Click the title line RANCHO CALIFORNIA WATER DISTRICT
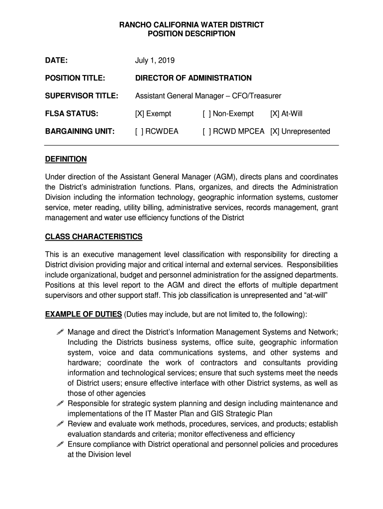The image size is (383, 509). coord(191,24)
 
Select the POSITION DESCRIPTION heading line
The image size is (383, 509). coord(191,34)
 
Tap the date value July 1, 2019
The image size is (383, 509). coord(155,61)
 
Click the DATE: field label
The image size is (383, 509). coord(57,61)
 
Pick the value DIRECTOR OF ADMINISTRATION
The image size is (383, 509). coord(193,78)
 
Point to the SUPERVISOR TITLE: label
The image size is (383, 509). coord(82,95)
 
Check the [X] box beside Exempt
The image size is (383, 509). coord(139,114)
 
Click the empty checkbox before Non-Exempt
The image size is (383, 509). coord(206,114)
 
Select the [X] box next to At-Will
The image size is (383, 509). coord(275,114)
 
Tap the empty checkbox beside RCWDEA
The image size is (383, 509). coord(139,132)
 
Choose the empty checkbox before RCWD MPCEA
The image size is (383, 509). coord(206,132)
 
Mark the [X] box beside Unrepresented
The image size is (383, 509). coord(275,132)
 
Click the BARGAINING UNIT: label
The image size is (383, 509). coord(80,132)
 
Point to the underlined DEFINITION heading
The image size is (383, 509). coord(66,159)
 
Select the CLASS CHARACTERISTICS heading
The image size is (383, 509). coord(94,237)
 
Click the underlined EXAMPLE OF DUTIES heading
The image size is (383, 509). coord(84,314)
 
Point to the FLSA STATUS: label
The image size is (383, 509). coord(72,114)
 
